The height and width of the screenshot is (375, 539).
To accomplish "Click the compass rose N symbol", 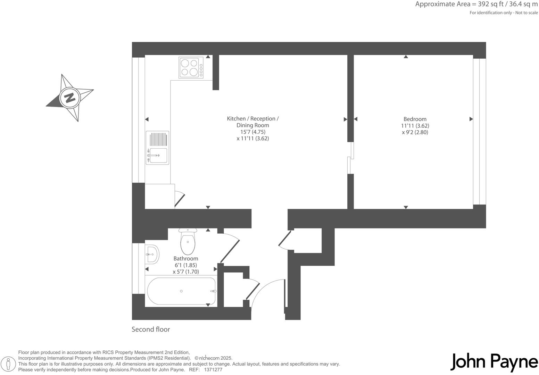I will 70,98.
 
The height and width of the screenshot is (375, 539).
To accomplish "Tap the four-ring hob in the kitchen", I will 191,68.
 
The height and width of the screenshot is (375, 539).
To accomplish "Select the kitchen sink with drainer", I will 158,148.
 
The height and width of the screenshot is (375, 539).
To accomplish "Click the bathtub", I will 181,291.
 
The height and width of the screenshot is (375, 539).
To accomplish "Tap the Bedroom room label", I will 415,119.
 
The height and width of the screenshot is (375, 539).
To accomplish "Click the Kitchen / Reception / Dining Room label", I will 252,122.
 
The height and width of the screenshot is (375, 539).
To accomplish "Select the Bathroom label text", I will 186,259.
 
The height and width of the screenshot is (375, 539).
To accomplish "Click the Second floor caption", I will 151,329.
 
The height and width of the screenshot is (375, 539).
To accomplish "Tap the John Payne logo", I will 494,362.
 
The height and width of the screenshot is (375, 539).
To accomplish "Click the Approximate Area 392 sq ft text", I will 476,4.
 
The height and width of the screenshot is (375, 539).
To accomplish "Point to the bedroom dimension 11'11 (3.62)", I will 415,126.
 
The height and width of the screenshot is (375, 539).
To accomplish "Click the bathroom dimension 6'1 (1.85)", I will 186,265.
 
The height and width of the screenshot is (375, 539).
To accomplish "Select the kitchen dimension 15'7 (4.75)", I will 252,132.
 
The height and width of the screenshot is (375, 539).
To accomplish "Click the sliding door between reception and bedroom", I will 351,158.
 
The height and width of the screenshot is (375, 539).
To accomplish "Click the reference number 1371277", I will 213,370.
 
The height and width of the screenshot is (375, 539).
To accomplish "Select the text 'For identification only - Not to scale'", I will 504,13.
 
